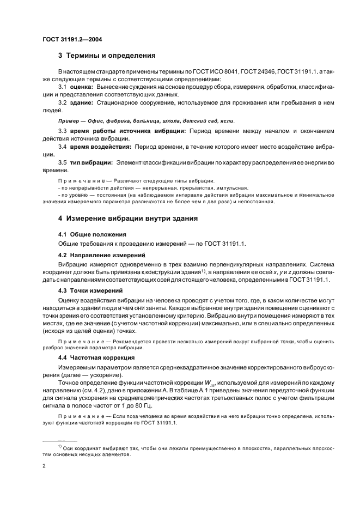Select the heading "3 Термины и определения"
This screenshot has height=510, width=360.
tap(107, 55)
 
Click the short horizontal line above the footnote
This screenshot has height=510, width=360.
tap(60, 440)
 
